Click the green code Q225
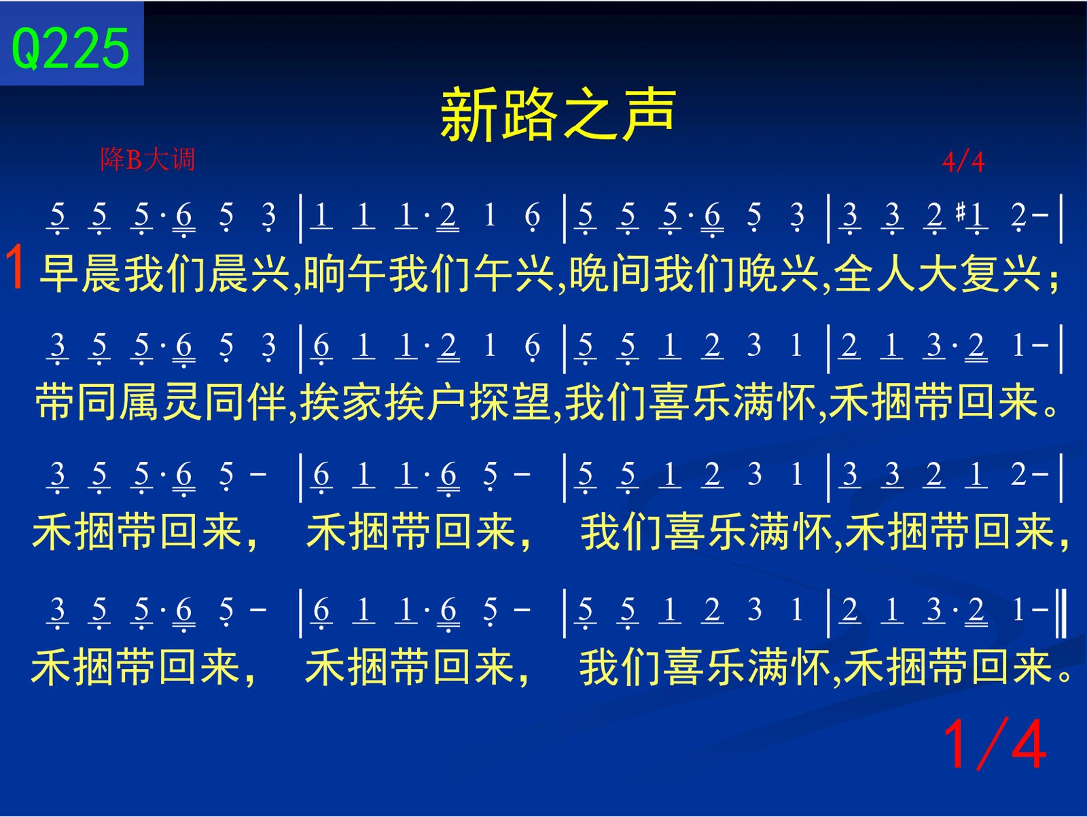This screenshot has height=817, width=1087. [x=71, y=49]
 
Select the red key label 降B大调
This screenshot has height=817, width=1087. [x=147, y=160]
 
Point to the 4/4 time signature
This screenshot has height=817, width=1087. [x=963, y=162]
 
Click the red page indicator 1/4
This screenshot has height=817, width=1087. [x=995, y=744]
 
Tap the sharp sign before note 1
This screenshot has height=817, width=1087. [x=961, y=212]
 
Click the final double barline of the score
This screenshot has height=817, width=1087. [x=1061, y=613]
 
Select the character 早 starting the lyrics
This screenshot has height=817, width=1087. [x=59, y=274]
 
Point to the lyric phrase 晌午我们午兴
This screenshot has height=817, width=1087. [x=429, y=274]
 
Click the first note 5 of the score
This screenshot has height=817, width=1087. [x=58, y=216]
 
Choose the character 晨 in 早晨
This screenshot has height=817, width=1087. [x=101, y=274]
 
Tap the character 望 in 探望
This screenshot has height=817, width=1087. [x=531, y=402]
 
